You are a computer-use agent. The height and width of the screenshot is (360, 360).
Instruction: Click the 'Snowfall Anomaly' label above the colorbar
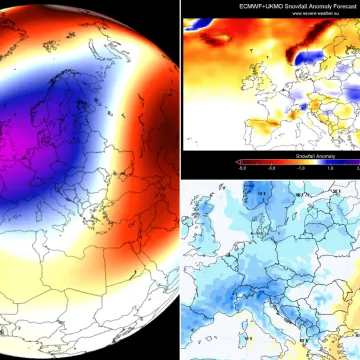[x=289, y=157]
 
